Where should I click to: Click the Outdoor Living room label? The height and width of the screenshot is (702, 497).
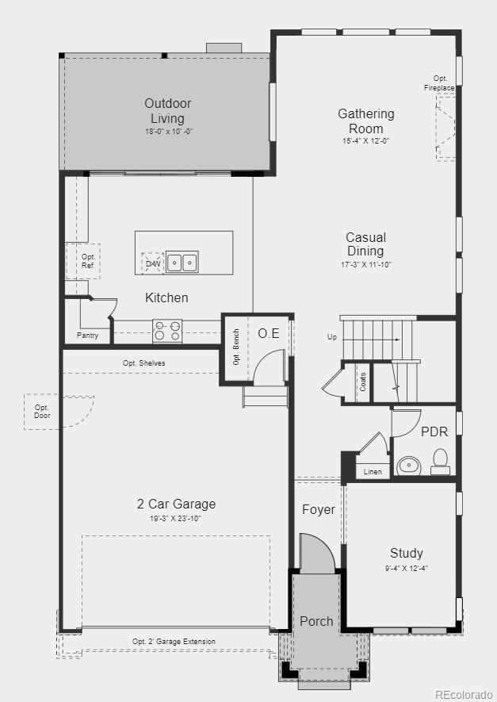coord(167,111)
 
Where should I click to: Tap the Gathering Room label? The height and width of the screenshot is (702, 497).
coord(365,121)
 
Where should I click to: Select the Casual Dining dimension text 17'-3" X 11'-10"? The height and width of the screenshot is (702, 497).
coord(365,264)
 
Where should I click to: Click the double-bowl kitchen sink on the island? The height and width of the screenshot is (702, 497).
coord(182,262)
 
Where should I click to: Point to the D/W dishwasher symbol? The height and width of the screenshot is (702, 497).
coord(153,263)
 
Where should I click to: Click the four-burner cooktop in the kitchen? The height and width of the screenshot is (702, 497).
coord(167,331)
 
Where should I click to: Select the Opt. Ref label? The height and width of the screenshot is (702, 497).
coord(88,261)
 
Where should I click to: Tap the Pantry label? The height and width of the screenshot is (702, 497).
coord(88,336)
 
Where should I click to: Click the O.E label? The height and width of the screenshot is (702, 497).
coord(269,333)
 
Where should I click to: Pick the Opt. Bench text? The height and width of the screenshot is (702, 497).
coord(236,347)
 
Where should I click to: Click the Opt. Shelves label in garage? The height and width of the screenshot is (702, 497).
coord(143,363)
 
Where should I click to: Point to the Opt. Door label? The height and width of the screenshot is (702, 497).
coord(41,412)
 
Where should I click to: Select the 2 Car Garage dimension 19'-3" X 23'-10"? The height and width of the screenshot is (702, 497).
coord(176,518)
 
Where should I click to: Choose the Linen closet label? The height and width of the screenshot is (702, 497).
coord(373,472)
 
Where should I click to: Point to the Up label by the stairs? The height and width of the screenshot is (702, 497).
coord(332,337)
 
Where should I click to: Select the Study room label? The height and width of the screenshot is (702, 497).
coord(406,553)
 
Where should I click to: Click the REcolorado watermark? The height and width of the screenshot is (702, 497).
coord(462,695)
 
